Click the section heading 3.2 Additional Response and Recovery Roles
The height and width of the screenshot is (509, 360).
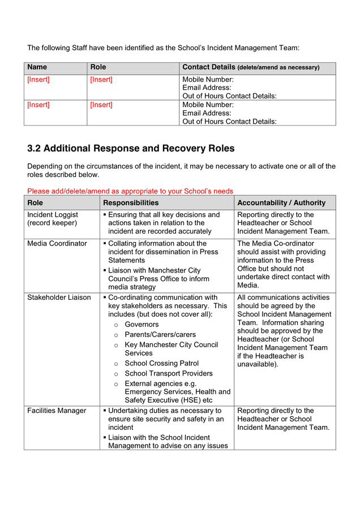[x=131, y=149]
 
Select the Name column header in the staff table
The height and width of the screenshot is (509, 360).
[x=37, y=67]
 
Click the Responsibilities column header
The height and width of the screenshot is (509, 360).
[x=131, y=202]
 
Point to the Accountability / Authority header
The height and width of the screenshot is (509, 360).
[x=281, y=202]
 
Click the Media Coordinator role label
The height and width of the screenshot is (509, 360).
[x=57, y=244]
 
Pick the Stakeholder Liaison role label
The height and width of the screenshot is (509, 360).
[x=59, y=297]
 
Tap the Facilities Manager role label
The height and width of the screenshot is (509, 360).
[x=57, y=411]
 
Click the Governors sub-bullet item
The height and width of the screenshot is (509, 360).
[x=142, y=325]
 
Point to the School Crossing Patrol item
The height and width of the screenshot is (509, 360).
[x=161, y=363]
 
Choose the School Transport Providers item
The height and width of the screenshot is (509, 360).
[x=169, y=373]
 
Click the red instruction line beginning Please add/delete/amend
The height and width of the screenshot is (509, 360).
[x=130, y=191]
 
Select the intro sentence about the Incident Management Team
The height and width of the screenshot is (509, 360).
[x=163, y=48]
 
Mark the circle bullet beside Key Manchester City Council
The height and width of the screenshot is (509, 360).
[x=116, y=345]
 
